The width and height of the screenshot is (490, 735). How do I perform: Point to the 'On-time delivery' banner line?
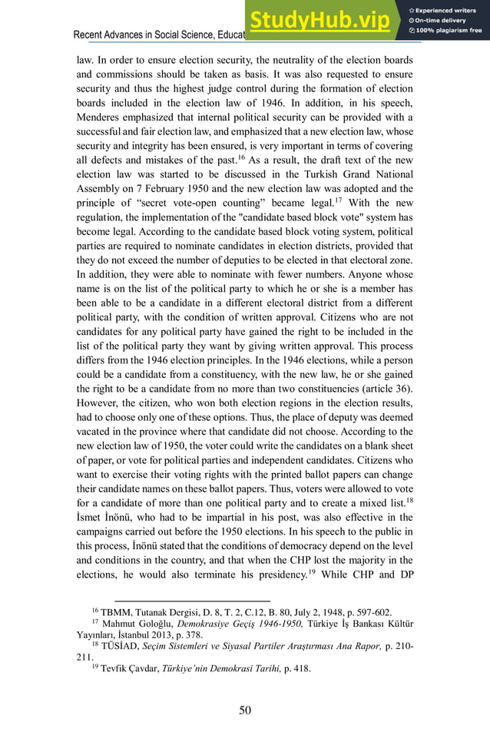click(445, 20)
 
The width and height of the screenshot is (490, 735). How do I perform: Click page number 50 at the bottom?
click(245, 710)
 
